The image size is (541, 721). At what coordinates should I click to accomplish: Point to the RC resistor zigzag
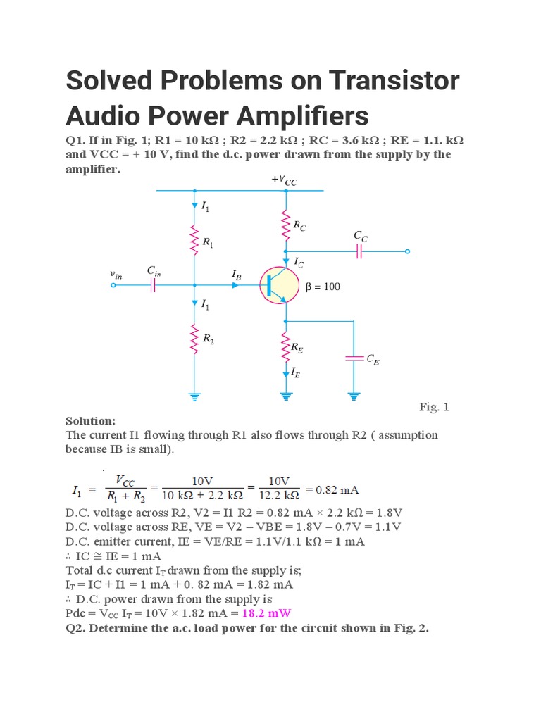(x=285, y=225)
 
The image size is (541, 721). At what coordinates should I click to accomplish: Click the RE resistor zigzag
(x=285, y=345)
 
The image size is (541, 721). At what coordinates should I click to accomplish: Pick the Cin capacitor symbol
(x=153, y=285)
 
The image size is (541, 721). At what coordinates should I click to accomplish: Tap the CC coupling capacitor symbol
(x=360, y=251)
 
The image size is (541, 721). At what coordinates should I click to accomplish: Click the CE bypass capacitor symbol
(x=353, y=358)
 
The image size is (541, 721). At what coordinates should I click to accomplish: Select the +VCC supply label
(x=285, y=180)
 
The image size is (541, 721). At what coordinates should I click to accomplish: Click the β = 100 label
(x=323, y=287)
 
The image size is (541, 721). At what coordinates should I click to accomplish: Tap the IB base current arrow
(x=236, y=284)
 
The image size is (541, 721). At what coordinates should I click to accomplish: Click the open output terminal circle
(x=407, y=251)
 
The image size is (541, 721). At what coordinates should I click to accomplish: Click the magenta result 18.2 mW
(x=266, y=613)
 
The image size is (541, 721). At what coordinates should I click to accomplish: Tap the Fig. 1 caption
(x=434, y=407)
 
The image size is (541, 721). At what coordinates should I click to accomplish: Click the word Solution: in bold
(x=90, y=420)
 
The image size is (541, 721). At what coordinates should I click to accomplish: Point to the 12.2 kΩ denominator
(x=280, y=495)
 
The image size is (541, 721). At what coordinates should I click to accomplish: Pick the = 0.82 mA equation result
(x=332, y=489)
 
